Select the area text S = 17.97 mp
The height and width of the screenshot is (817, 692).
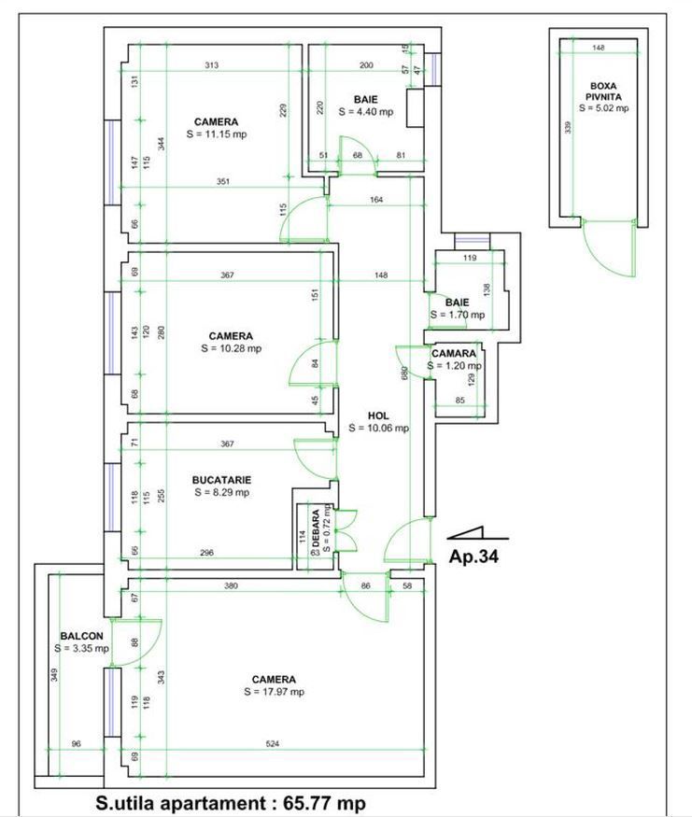[x=274, y=692]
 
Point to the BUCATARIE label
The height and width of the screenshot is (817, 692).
[x=221, y=479]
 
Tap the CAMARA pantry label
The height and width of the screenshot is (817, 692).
[x=454, y=354]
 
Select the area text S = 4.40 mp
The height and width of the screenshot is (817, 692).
[x=365, y=111]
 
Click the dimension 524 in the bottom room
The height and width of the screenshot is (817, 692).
[x=272, y=744]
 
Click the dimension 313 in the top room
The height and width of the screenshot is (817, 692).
[x=213, y=65]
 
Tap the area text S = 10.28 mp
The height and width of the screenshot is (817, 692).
[x=230, y=348]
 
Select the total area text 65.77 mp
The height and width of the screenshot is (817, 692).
[x=308, y=803]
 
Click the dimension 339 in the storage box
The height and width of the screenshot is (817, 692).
[x=568, y=129]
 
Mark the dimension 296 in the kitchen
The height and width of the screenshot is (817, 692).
[x=206, y=554]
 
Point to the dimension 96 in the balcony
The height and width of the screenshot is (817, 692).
[x=78, y=744]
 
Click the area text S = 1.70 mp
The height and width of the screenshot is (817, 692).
[x=457, y=316]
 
